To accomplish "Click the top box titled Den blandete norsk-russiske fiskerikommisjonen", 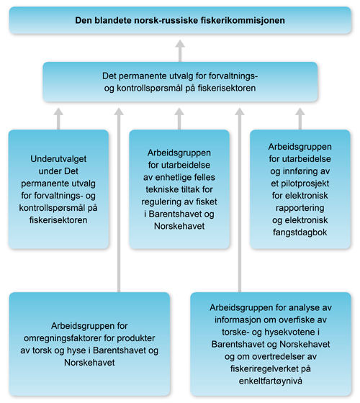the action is coord(180,20).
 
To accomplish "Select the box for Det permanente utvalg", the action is coord(180,81).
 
